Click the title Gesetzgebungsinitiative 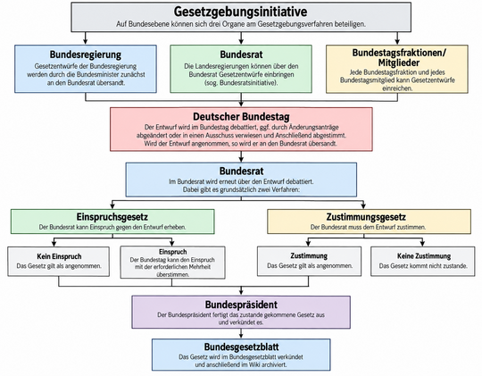240,12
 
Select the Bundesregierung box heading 86,54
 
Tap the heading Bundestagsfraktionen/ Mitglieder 399,57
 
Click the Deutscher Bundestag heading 241,117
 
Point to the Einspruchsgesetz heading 112,217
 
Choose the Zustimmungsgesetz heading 366,217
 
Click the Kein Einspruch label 59,256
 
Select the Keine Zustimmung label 424,256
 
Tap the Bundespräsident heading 241,305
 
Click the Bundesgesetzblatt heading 241,347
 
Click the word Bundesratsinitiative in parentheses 248,83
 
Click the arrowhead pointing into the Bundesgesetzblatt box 241,336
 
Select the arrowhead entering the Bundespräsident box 241,292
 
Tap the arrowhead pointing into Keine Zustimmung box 423,243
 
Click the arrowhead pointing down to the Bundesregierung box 86,41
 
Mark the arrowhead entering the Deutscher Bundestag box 241,104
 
